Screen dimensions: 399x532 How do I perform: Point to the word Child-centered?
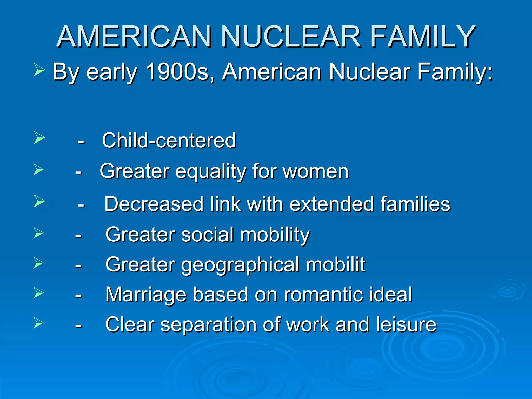point(169,141)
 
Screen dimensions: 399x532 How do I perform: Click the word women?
point(316,171)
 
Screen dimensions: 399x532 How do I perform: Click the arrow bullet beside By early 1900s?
point(39,70)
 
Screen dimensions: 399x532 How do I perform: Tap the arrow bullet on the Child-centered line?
point(39,138)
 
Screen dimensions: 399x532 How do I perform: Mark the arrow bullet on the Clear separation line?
point(38,323)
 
